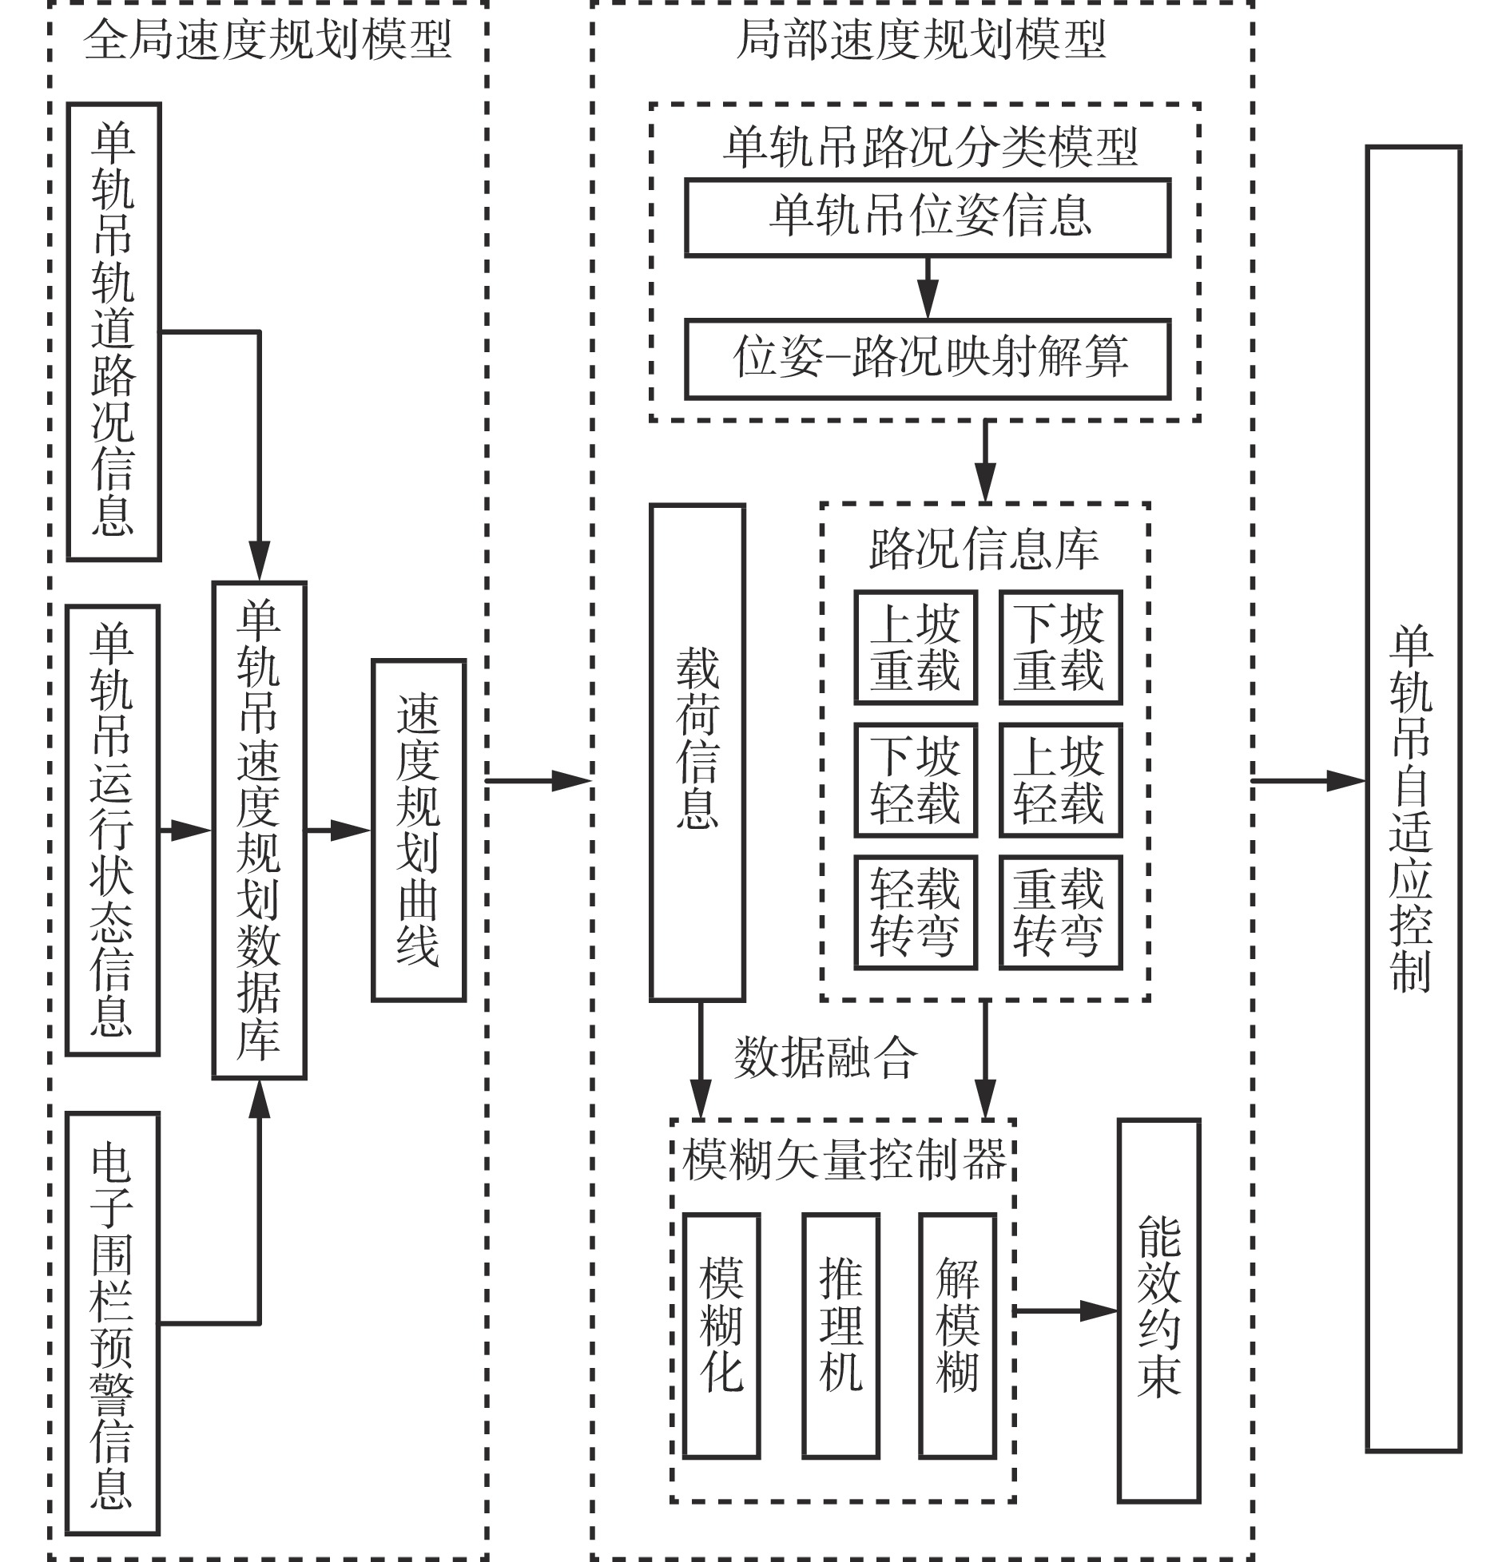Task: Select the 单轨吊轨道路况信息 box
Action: tap(114, 331)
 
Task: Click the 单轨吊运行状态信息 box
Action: tap(113, 831)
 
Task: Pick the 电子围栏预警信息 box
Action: tap(113, 1324)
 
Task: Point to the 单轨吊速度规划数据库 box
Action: tap(259, 831)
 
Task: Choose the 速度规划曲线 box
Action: tap(418, 831)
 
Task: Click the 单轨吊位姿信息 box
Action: tap(928, 217)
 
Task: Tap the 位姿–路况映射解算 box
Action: tap(928, 359)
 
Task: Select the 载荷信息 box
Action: tap(697, 751)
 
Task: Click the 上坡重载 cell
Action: tap(916, 648)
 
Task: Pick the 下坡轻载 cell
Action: tap(916, 780)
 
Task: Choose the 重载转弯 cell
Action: tap(1060, 913)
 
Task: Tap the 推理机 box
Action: tap(840, 1336)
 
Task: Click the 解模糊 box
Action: tap(957, 1336)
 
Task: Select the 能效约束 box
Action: tap(1158, 1310)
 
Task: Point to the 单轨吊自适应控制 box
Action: tap(1413, 799)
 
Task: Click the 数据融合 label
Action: tap(825, 1059)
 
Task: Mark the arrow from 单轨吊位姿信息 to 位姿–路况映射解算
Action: tap(928, 288)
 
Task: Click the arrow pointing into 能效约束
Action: tap(1067, 1310)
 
